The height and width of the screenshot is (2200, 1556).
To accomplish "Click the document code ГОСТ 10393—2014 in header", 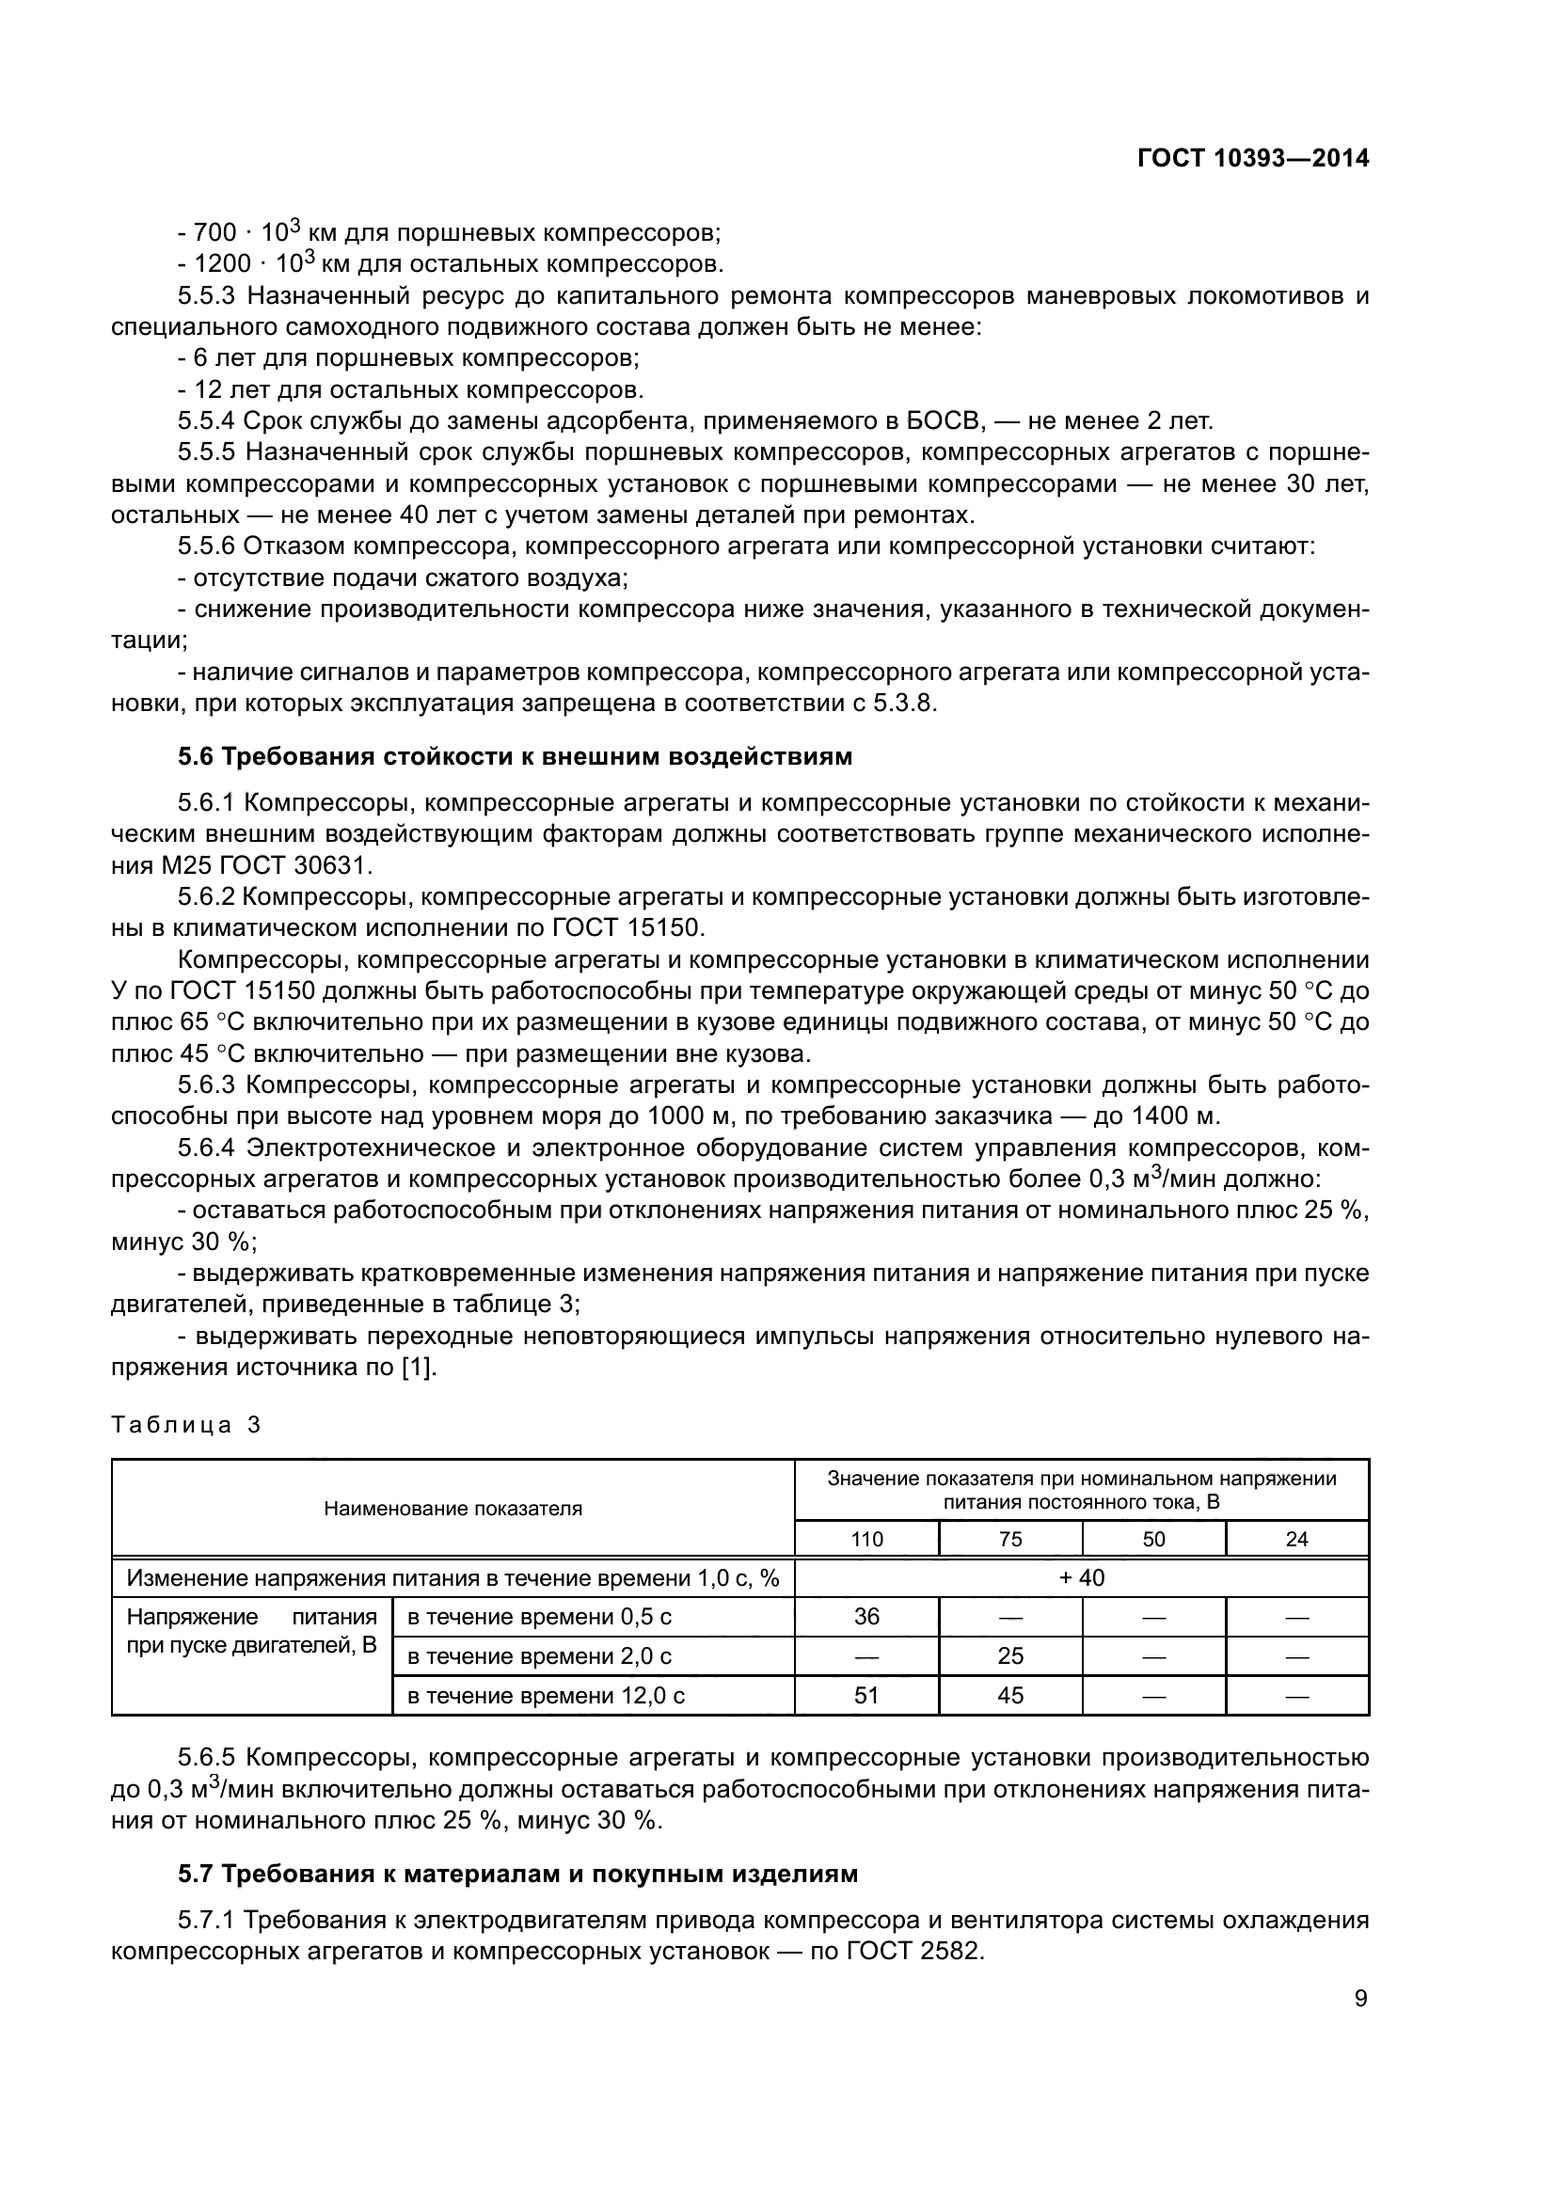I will point(1252,158).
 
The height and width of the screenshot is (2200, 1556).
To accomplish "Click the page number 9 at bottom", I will point(1360,1998).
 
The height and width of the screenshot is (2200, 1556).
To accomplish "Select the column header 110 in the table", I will point(867,1540).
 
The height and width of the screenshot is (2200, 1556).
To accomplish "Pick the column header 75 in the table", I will point(1009,1540).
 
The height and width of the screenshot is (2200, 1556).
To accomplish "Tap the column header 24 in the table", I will point(1296,1540).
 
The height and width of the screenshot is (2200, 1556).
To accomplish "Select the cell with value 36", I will point(866,1618).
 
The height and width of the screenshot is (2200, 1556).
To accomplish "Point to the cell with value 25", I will point(1009,1656).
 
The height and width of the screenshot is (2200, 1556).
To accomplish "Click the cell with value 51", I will point(866,1696).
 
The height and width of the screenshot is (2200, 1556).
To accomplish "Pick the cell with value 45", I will point(1009,1696).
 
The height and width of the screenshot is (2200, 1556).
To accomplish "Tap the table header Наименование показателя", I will point(453,1509).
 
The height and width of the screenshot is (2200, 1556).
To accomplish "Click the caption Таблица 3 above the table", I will point(186,1425).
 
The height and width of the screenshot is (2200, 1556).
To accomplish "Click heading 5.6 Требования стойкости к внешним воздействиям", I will point(515,757).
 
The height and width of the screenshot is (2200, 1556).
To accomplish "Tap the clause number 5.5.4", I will point(206,420).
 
